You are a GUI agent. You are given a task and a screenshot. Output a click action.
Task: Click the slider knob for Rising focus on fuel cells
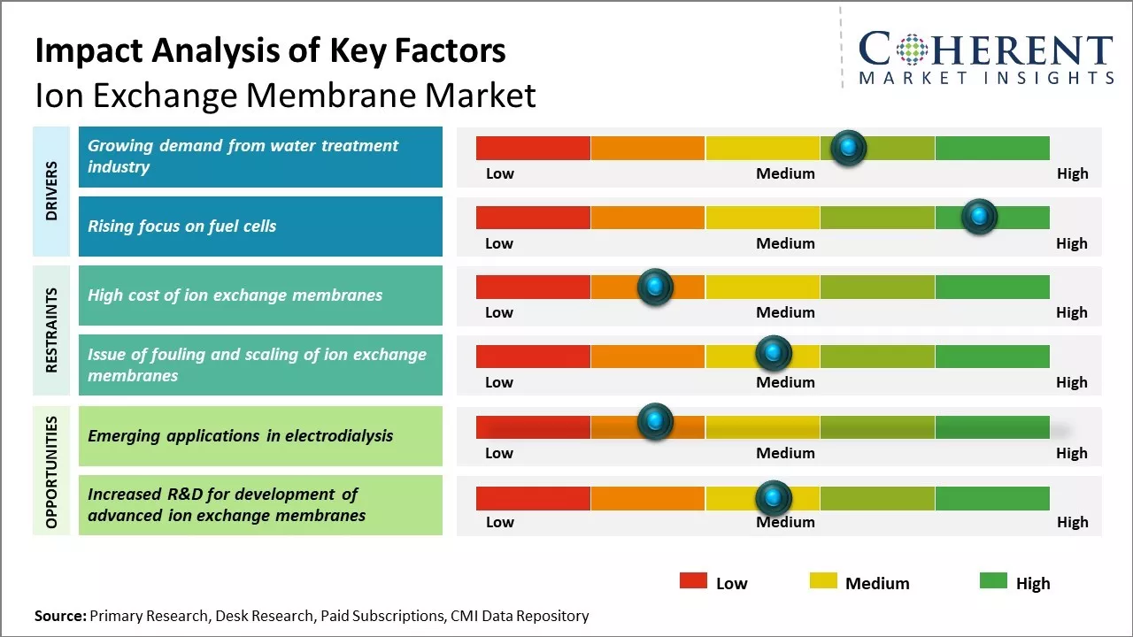(x=979, y=216)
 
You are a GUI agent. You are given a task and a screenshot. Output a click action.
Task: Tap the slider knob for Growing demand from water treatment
(x=849, y=147)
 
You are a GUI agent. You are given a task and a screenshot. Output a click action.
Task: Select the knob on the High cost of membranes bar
(x=655, y=286)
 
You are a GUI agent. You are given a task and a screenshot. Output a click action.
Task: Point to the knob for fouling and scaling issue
(x=774, y=354)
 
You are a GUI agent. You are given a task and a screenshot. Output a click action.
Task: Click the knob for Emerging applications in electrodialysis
(x=655, y=422)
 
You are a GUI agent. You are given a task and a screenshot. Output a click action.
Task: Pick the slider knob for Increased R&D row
(x=774, y=498)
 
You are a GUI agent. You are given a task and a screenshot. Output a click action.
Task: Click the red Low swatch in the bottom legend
(x=693, y=581)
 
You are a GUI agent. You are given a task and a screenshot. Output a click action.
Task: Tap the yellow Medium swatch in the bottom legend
(x=823, y=581)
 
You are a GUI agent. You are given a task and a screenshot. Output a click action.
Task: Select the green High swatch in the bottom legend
(x=993, y=581)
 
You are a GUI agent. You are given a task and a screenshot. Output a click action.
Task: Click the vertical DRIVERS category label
(x=51, y=190)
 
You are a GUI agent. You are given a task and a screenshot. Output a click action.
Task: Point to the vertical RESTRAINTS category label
(x=51, y=329)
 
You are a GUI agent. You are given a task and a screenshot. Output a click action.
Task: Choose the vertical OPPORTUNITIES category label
(x=51, y=472)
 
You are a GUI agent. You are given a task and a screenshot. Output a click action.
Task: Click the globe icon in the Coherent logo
(x=911, y=50)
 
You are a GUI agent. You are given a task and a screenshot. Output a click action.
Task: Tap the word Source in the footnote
(x=60, y=616)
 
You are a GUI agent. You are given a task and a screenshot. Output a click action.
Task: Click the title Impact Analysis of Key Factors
(x=270, y=50)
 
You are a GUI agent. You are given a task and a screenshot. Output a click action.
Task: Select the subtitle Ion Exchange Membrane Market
(x=285, y=95)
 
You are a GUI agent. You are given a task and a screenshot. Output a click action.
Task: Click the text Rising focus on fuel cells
(x=181, y=226)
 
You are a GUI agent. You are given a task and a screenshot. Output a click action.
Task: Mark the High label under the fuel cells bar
(x=1071, y=243)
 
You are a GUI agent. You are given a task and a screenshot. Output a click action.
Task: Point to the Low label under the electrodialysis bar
(x=499, y=453)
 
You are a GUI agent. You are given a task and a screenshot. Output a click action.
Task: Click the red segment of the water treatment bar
(x=533, y=148)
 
